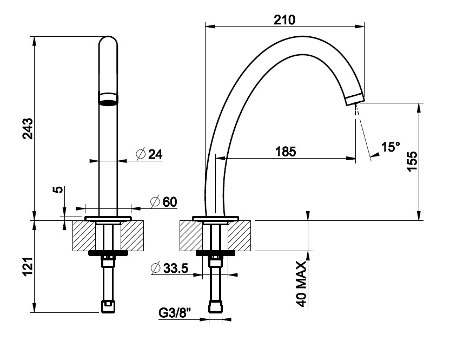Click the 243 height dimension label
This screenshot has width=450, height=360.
(28, 128)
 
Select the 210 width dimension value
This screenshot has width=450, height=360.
(284, 19)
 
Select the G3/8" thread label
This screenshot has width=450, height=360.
(174, 313)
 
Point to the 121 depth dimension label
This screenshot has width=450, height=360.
(28, 267)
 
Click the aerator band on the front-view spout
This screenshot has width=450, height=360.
(108, 98)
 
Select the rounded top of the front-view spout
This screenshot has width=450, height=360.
(108, 42)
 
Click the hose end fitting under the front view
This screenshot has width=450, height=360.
(108, 306)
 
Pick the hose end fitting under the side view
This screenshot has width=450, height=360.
(216, 307)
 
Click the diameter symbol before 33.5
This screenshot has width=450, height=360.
(155, 267)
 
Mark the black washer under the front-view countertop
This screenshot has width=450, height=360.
(108, 253)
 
